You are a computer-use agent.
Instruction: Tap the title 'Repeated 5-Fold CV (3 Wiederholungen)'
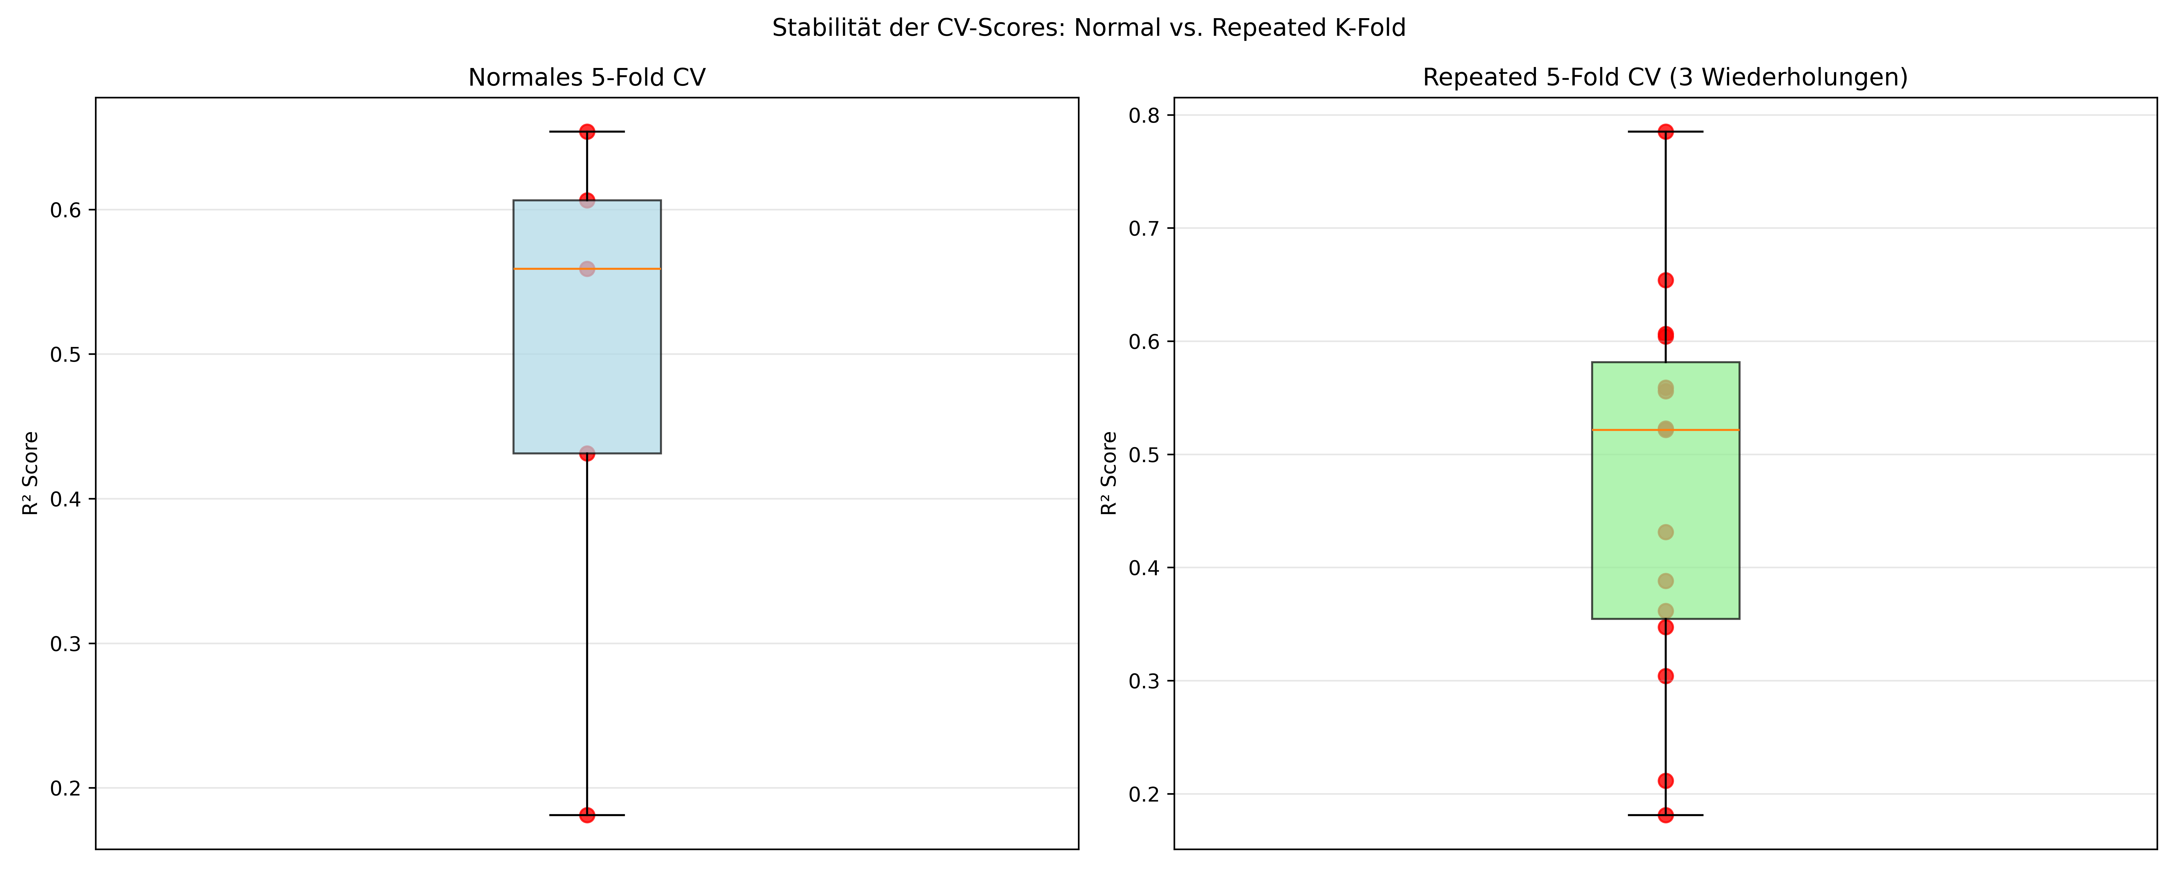click(1665, 78)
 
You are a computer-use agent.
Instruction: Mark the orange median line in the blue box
click(587, 269)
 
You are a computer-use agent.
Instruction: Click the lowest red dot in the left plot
click(587, 815)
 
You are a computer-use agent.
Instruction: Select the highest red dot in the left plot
click(587, 132)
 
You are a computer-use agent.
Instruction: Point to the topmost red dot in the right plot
click(1665, 132)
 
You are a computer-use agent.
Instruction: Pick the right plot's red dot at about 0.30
click(1665, 676)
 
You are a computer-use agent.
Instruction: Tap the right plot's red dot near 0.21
click(1665, 781)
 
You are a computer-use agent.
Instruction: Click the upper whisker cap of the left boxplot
click(587, 132)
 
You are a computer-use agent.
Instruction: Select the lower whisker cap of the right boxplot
click(1665, 815)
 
